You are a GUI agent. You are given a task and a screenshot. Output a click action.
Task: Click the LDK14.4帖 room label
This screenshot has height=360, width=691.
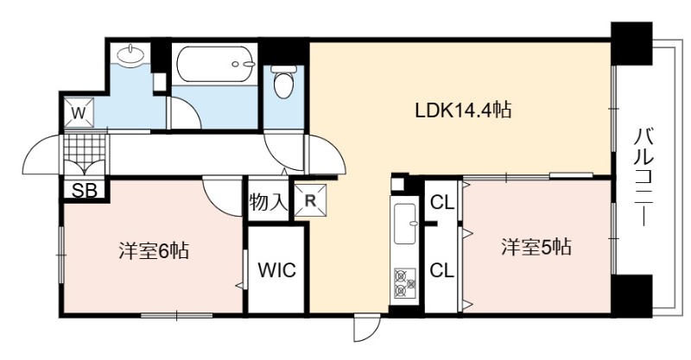click(463, 111)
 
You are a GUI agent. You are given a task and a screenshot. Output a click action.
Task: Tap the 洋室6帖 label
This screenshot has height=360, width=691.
click(154, 250)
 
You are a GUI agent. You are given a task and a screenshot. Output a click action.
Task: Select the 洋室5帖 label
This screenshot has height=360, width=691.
click(536, 247)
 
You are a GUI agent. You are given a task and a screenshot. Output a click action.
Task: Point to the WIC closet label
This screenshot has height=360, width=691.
click(276, 269)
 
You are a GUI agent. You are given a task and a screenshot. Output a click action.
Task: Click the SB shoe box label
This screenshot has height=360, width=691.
click(84, 191)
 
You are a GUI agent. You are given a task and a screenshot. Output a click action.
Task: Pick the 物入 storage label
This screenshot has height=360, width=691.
click(268, 203)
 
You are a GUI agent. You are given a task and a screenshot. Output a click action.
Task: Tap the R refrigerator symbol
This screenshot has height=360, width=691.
click(311, 201)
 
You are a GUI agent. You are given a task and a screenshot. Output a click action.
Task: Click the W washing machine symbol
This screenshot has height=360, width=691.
click(79, 113)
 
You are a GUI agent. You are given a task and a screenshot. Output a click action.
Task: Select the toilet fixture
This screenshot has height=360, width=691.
click(284, 81)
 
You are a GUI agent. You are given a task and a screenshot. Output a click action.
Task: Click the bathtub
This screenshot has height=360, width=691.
click(216, 64)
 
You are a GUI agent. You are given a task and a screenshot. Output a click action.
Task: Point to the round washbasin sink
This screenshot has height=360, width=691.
click(131, 54)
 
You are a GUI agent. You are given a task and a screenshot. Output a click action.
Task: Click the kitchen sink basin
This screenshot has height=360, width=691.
click(405, 224)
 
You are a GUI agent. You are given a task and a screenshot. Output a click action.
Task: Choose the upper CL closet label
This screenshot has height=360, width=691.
click(442, 203)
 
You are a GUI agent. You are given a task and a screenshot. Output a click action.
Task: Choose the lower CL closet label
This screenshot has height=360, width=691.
click(441, 270)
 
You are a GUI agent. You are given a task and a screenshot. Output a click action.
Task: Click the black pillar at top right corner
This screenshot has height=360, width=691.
click(631, 42)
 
